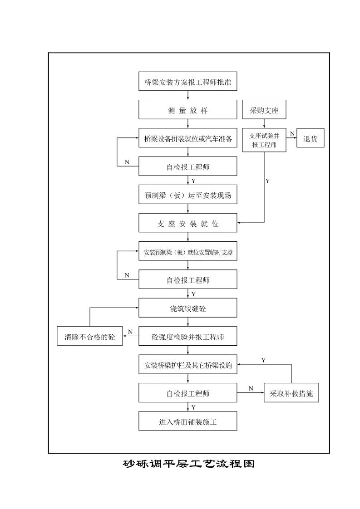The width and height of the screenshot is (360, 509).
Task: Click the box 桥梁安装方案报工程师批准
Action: tap(187, 82)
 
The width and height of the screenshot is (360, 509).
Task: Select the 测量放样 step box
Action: tap(187, 110)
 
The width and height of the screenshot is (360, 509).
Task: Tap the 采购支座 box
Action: tap(264, 110)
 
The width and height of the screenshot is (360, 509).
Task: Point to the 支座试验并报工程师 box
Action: tap(264, 140)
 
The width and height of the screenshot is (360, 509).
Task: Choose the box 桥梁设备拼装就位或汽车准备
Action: tap(187, 139)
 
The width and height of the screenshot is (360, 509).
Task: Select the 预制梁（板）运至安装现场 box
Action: tap(187, 196)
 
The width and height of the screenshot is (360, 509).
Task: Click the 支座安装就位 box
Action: tap(187, 224)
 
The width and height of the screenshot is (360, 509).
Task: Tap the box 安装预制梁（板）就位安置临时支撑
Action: tap(187, 252)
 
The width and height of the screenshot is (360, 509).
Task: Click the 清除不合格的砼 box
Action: tap(89, 337)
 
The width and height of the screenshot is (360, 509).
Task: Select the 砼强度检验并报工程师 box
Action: tap(187, 337)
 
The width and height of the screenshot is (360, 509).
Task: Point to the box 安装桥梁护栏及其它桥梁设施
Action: tap(187, 365)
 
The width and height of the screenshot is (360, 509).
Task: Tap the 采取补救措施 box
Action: tap(291, 393)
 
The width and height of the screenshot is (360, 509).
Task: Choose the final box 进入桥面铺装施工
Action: tap(187, 421)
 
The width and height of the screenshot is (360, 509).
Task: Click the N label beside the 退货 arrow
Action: tap(292, 133)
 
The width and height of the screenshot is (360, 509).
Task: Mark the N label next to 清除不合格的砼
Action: tap(130, 332)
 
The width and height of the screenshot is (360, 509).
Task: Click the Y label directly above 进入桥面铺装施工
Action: tap(193, 407)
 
